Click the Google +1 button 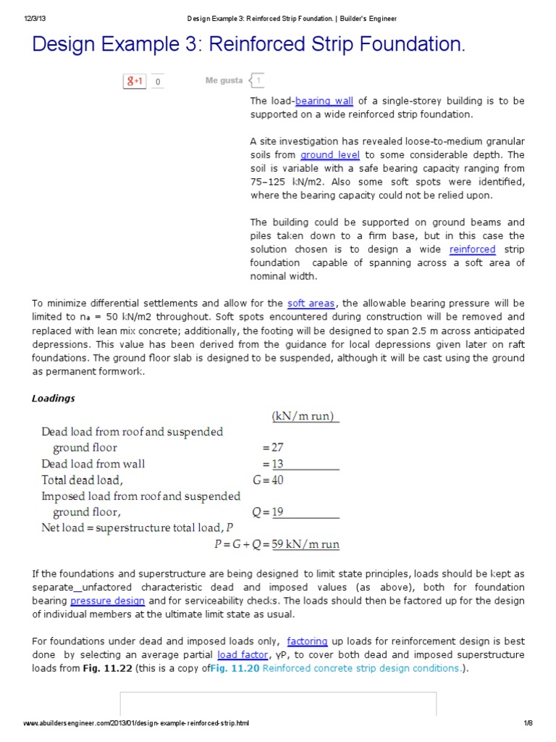135,82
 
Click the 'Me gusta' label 224,80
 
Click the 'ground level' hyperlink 330,155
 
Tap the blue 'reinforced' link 472,249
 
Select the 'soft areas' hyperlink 311,304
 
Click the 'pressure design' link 107,601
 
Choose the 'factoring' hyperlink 307,641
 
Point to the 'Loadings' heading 53,398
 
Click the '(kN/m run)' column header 305,416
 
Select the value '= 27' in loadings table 273,448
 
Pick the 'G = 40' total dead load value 267,480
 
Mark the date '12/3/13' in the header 26,18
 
